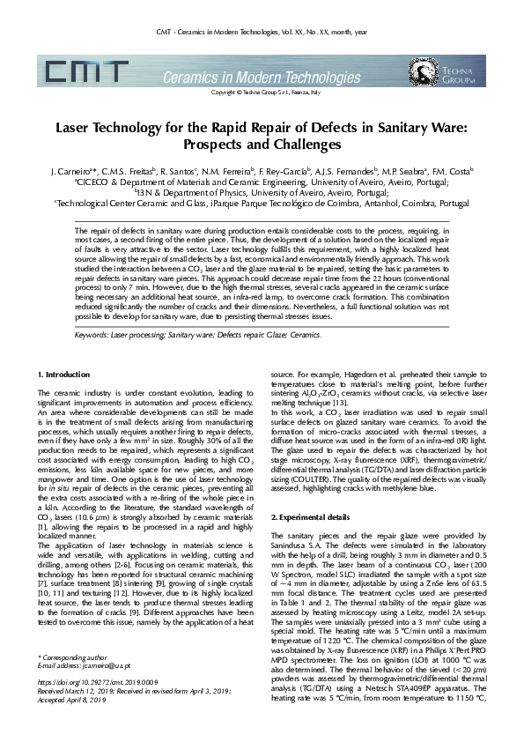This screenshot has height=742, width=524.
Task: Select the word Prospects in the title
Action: click(x=223, y=144)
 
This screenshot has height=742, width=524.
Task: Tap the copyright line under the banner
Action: click(x=262, y=91)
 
